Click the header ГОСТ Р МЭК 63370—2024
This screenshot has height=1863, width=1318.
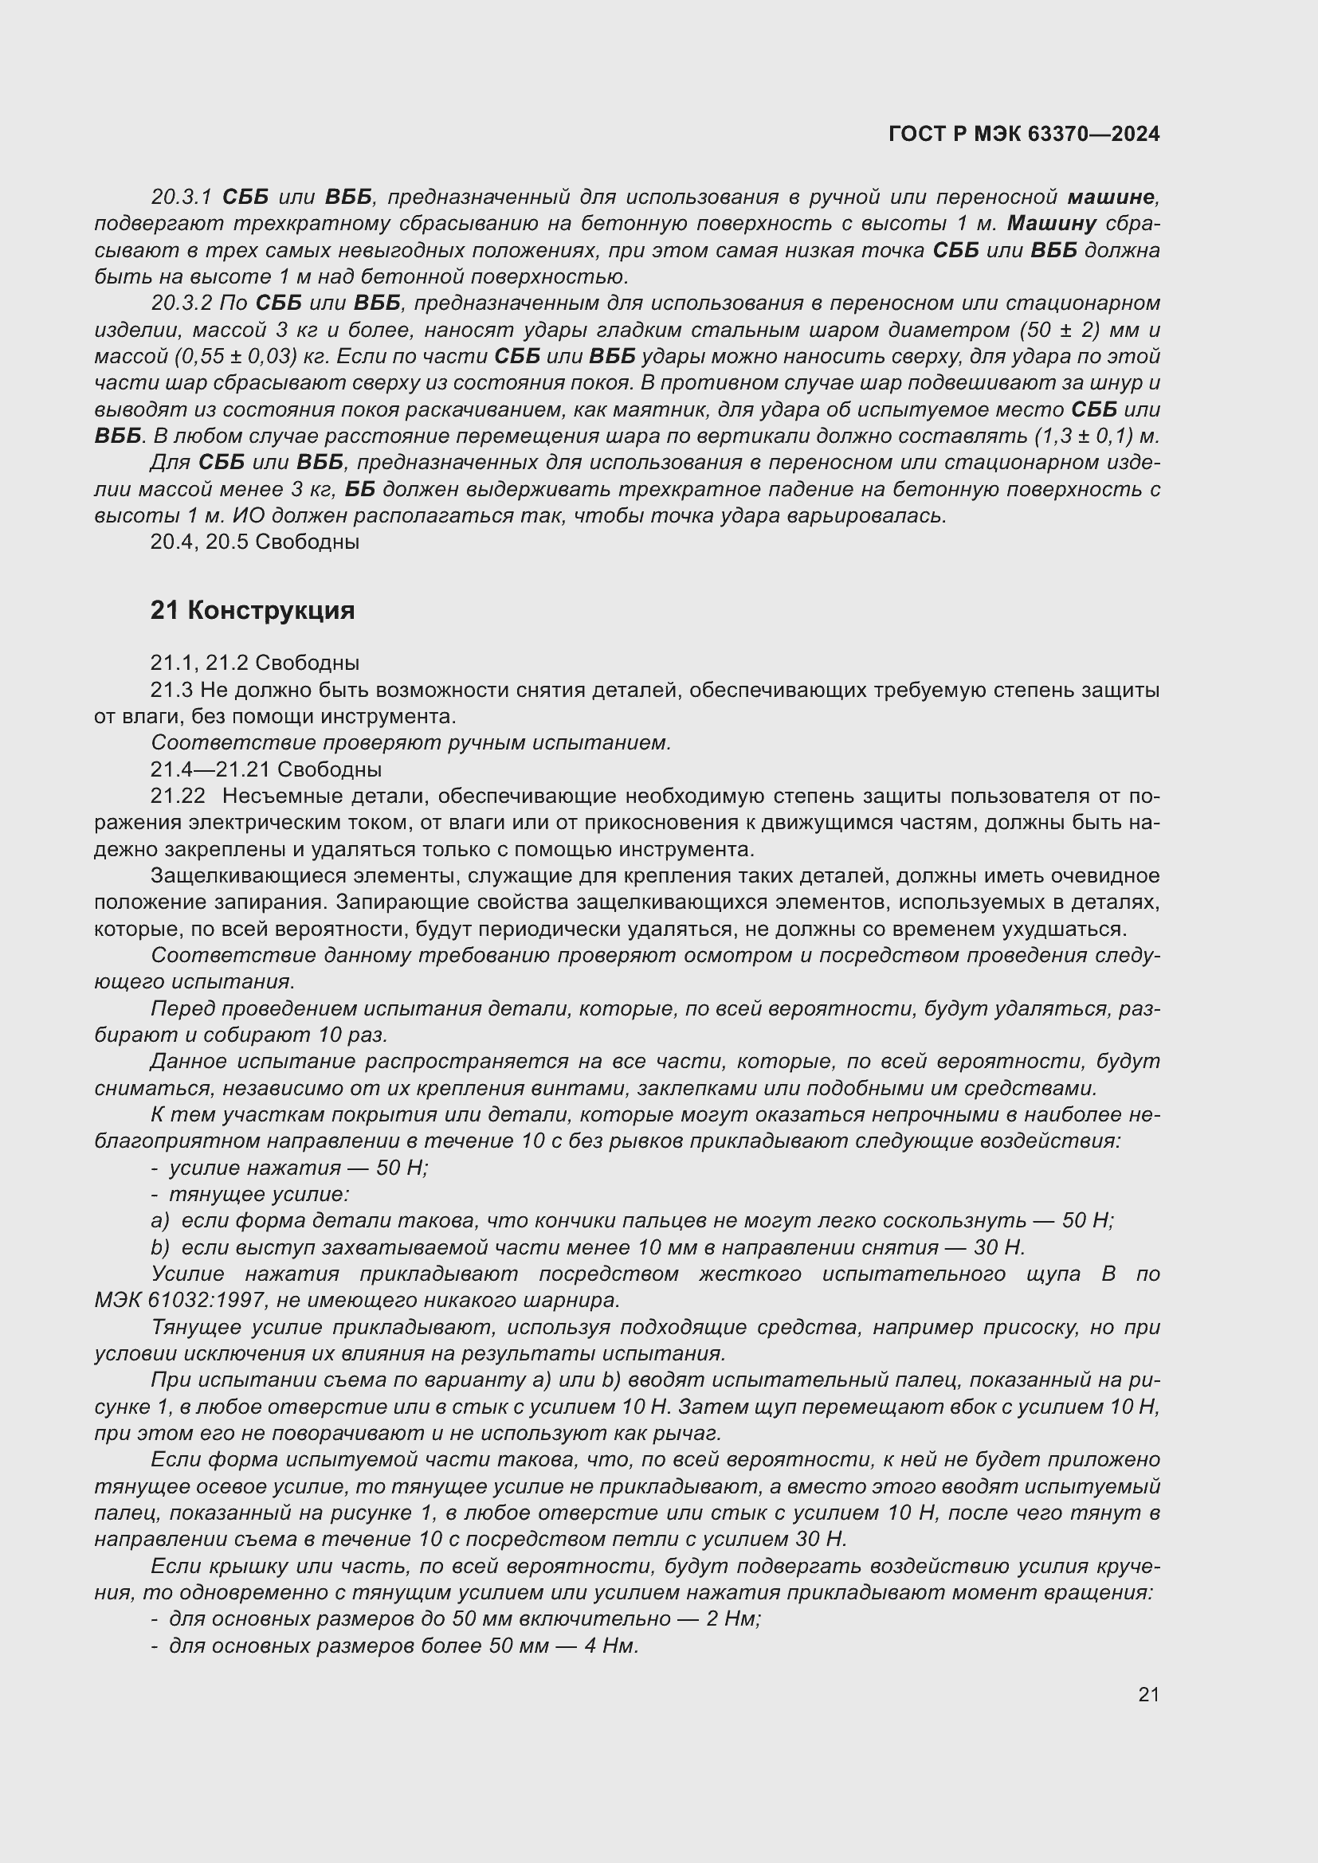click(x=1024, y=134)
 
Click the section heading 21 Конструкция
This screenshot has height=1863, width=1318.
click(x=253, y=610)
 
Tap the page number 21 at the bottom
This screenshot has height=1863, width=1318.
click(x=1148, y=1694)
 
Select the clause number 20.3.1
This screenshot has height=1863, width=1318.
click(x=180, y=197)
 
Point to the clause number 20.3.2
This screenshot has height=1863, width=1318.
click(x=180, y=303)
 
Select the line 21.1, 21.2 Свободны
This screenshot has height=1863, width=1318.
click(x=254, y=663)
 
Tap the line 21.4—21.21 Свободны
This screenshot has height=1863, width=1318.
click(x=265, y=769)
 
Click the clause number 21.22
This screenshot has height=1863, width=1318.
click(x=177, y=796)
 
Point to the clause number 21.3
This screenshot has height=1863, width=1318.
click(x=171, y=690)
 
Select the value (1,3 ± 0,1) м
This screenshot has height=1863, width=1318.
click(x=1096, y=436)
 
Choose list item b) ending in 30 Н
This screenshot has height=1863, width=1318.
click(x=597, y=1247)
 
